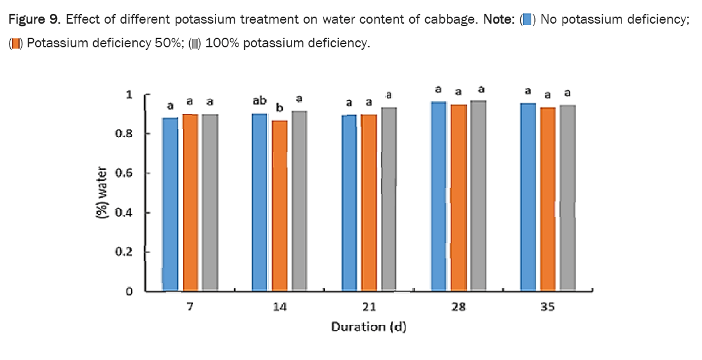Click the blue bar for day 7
[170, 205]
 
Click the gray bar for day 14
[299, 201]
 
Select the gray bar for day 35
[567, 198]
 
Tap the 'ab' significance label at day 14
[260, 101]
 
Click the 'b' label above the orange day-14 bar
[279, 108]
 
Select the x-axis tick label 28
[458, 307]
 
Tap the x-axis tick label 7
[189, 307]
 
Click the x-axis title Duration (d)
[369, 327]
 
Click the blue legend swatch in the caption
[527, 19]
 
